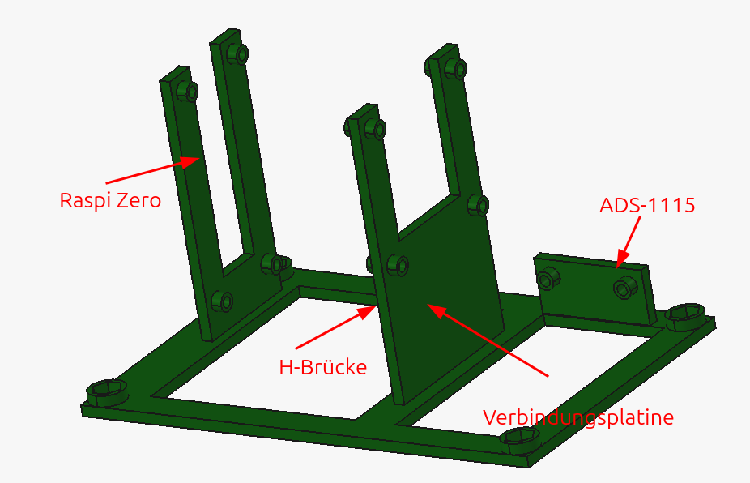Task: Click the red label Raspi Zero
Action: [x=110, y=200]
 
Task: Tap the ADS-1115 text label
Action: [x=647, y=205]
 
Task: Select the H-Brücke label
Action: [x=323, y=367]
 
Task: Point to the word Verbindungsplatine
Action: [x=577, y=417]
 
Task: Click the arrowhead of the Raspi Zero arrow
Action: [x=190, y=161]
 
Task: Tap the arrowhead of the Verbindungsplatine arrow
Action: [x=437, y=310]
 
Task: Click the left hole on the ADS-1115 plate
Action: [x=548, y=279]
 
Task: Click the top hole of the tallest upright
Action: [x=239, y=53]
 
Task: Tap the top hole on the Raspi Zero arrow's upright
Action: [x=189, y=91]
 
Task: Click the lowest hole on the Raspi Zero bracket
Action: [x=223, y=301]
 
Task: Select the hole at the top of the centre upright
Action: [x=377, y=129]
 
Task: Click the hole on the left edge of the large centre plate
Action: [x=399, y=265]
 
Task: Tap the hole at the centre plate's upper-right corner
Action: [x=479, y=205]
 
